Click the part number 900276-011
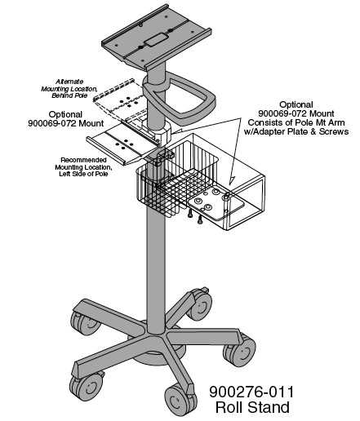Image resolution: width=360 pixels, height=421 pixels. click(259, 392)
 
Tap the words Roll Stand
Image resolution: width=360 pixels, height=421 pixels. click(259, 407)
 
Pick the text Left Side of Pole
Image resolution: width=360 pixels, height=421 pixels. click(82, 175)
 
